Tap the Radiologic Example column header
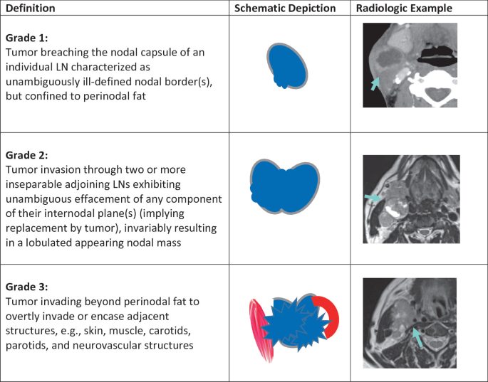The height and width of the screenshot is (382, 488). tap(403, 9)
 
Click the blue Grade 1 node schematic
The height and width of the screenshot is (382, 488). tap(288, 65)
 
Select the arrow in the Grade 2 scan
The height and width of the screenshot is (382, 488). tap(373, 197)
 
